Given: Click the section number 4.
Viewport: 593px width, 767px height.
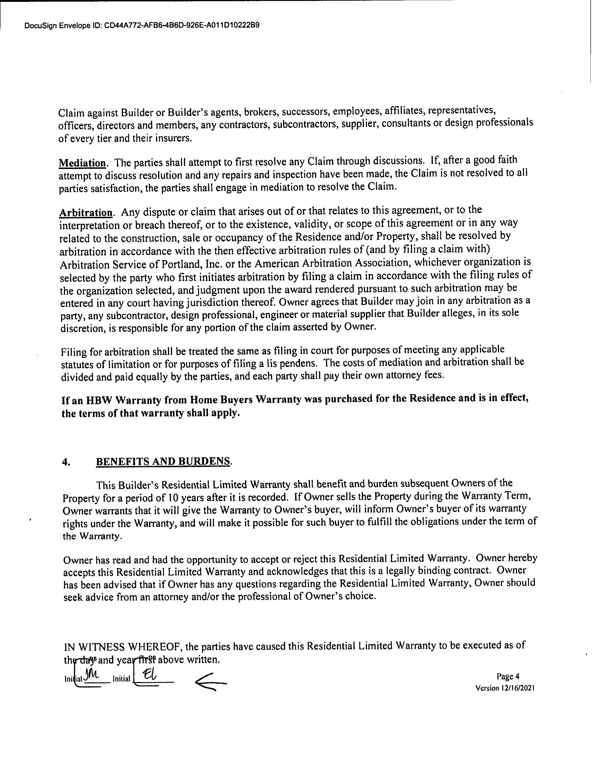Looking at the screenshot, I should click(66, 462).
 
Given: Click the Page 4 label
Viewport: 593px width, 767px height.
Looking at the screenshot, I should click(508, 676).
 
